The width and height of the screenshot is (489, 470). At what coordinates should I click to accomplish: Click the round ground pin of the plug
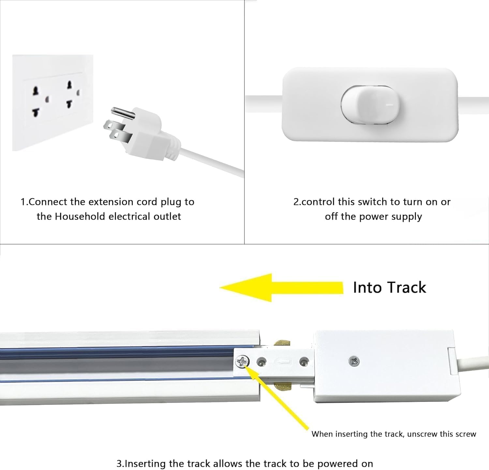(x=123, y=114)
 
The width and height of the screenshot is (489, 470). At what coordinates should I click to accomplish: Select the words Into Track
(x=390, y=288)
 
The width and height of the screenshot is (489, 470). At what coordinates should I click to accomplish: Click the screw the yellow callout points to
(x=242, y=361)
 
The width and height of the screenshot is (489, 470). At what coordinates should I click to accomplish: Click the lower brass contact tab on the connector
(x=282, y=387)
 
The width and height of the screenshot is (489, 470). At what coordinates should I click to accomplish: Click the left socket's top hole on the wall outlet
(x=36, y=90)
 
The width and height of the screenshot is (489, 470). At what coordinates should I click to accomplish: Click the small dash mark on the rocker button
(x=389, y=105)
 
